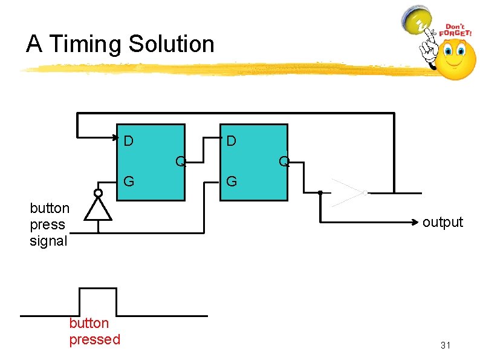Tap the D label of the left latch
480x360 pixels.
pyautogui.click(x=129, y=142)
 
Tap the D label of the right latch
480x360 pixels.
pyautogui.click(x=231, y=142)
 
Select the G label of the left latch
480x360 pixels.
pyautogui.click(x=129, y=180)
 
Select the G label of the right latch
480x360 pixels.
pyautogui.click(x=231, y=180)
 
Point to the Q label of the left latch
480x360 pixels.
pyautogui.click(x=180, y=161)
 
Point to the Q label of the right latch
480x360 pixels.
pyautogui.click(x=283, y=162)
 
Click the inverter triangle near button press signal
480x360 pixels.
pyautogui.click(x=97, y=209)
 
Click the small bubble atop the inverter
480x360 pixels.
pyautogui.click(x=97, y=194)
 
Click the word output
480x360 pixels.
pyautogui.click(x=443, y=222)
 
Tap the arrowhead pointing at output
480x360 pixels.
pyautogui.click(x=416, y=223)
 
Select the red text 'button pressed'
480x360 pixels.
pyautogui.click(x=95, y=332)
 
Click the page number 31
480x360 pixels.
pyautogui.click(x=446, y=345)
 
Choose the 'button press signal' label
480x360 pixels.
pyautogui.click(x=50, y=224)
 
